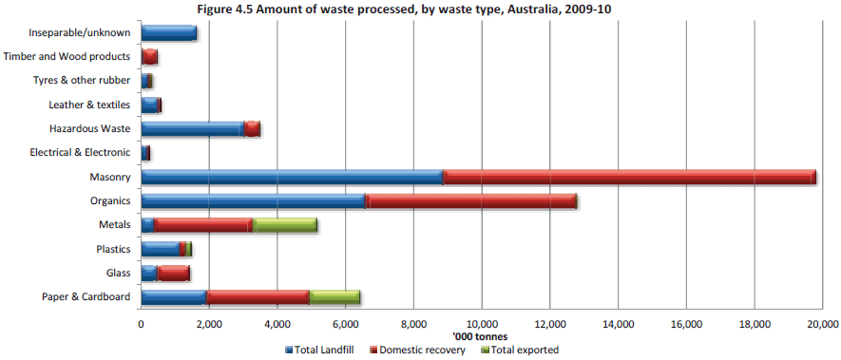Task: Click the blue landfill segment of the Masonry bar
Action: pyautogui.click(x=292, y=177)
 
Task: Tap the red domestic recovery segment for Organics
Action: pyautogui.click(x=471, y=201)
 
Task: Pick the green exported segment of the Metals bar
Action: pyautogui.click(x=285, y=225)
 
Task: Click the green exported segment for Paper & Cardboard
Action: pyautogui.click(x=334, y=297)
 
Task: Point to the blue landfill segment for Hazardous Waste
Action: pyautogui.click(x=192, y=129)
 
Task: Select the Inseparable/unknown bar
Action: pyautogui.click(x=168, y=33)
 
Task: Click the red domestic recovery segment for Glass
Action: pyautogui.click(x=174, y=274)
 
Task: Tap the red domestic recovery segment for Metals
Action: pyautogui.click(x=203, y=225)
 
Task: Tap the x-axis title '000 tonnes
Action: pyautogui.click(x=481, y=336)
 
